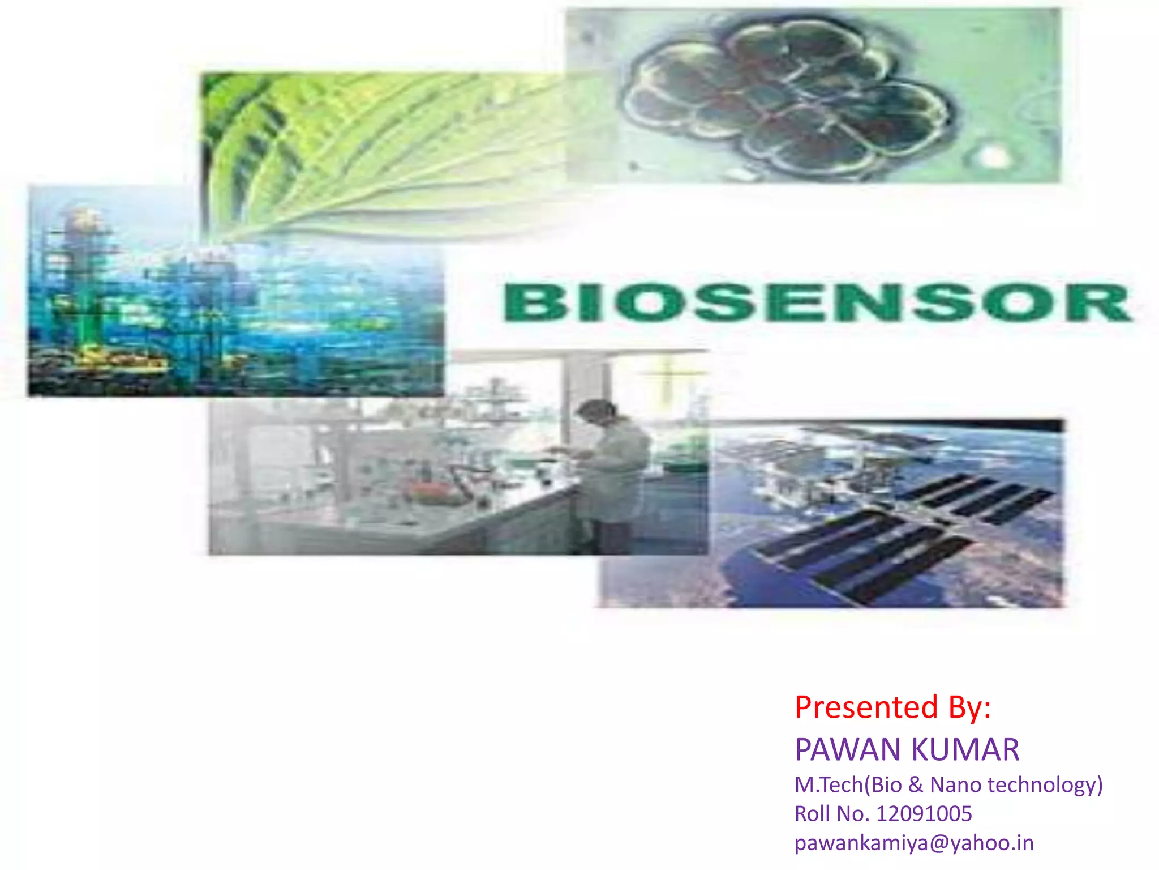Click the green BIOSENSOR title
click(x=817, y=302)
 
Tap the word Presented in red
click(x=866, y=707)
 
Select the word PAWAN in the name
click(x=849, y=750)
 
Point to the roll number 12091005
click(x=924, y=814)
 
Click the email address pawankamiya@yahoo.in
click(x=914, y=843)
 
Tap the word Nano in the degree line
click(x=956, y=785)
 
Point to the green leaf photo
click(x=362, y=153)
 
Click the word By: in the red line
click(x=970, y=707)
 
